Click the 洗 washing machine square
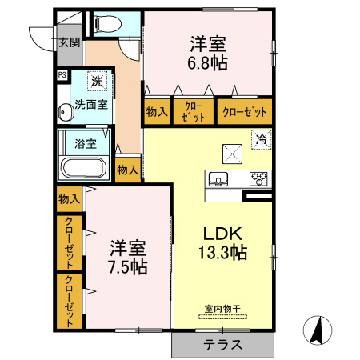[x=97, y=80]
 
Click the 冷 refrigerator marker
[x=261, y=139]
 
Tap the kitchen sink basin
[x=219, y=178]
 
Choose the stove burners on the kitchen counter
[x=259, y=178]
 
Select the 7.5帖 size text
[x=128, y=266]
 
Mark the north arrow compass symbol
[x=321, y=330]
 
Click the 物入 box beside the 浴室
[x=127, y=170]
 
